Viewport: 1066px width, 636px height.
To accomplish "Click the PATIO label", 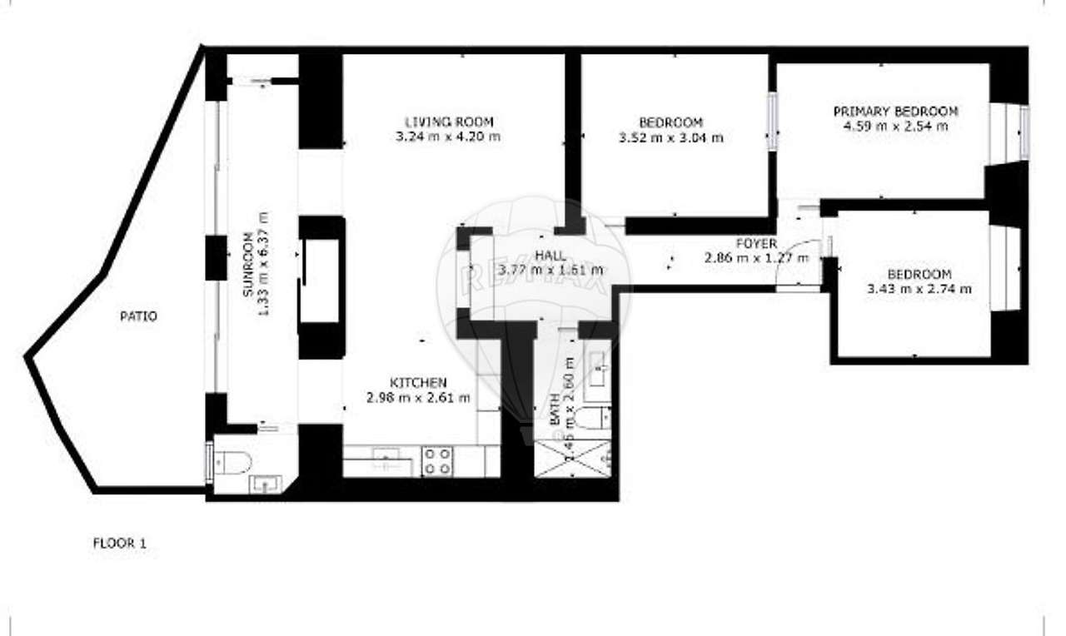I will pyautogui.click(x=138, y=316).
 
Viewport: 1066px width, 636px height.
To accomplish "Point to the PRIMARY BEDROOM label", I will pyautogui.click(x=895, y=112).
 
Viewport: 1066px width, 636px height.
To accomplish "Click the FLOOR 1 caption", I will pyautogui.click(x=119, y=544).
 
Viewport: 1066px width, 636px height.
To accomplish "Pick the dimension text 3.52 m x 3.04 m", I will pyautogui.click(x=670, y=137).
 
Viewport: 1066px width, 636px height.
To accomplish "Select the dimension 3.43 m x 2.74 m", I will pyautogui.click(x=919, y=289).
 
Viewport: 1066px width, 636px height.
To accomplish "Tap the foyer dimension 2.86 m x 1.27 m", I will pyautogui.click(x=756, y=258).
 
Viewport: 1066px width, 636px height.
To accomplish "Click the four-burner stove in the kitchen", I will pyautogui.click(x=438, y=461).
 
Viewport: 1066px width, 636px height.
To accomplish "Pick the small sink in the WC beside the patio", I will pyautogui.click(x=266, y=483).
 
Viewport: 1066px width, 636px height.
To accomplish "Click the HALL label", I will pyautogui.click(x=550, y=256).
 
